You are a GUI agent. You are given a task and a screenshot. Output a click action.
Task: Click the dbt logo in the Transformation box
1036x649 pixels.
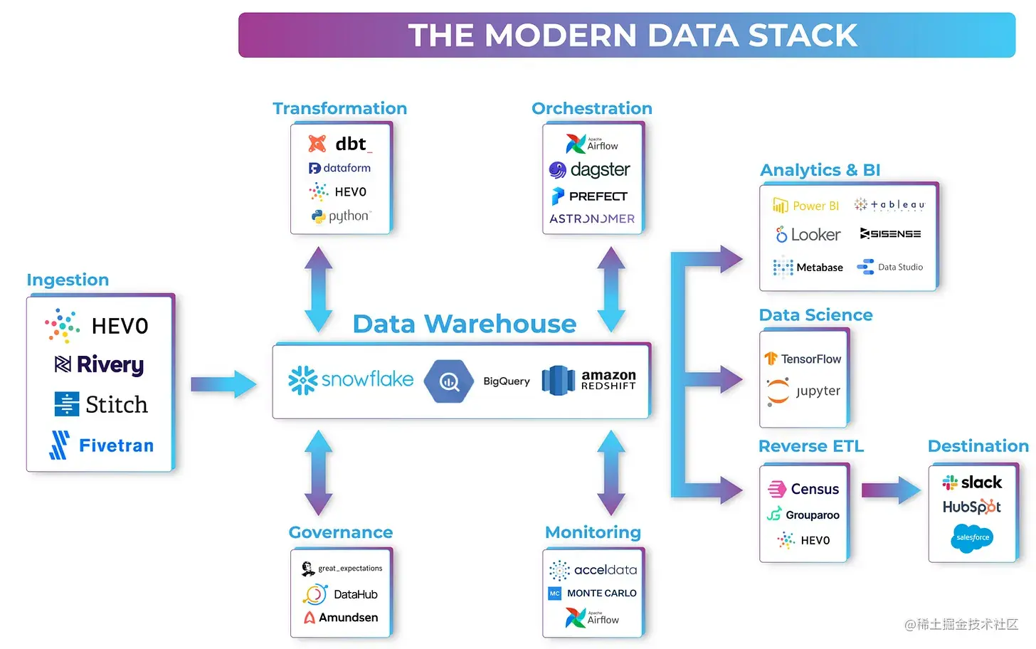[340, 144]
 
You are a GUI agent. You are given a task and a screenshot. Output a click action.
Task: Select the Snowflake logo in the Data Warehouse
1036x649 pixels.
[351, 380]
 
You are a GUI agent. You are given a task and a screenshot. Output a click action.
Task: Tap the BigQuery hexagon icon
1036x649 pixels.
[448, 381]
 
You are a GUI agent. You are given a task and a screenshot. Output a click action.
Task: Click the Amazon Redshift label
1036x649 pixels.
[608, 380]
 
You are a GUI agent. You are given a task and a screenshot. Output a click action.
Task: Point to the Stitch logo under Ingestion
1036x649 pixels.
[101, 404]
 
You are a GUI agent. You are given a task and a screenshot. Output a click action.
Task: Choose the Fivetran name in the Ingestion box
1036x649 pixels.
[116, 445]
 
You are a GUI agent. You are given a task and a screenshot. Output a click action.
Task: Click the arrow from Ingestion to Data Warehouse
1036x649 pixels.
[223, 384]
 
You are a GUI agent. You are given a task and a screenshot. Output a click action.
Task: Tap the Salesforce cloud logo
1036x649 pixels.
[972, 538]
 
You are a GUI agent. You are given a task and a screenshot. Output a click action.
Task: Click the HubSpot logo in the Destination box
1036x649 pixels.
[972, 507]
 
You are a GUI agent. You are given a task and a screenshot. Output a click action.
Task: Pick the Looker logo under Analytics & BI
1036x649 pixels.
[808, 235]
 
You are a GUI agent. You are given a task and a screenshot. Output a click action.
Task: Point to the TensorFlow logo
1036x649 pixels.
[803, 359]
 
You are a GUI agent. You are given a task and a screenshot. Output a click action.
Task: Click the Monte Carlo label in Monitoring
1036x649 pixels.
[602, 593]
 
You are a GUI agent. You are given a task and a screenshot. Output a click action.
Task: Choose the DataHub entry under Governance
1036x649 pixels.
[340, 594]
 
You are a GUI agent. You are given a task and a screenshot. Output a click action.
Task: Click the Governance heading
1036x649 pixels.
[341, 532]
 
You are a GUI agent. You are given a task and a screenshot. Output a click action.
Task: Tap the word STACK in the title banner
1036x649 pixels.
[803, 35]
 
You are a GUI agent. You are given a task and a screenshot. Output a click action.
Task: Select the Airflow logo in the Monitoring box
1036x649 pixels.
[592, 618]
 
